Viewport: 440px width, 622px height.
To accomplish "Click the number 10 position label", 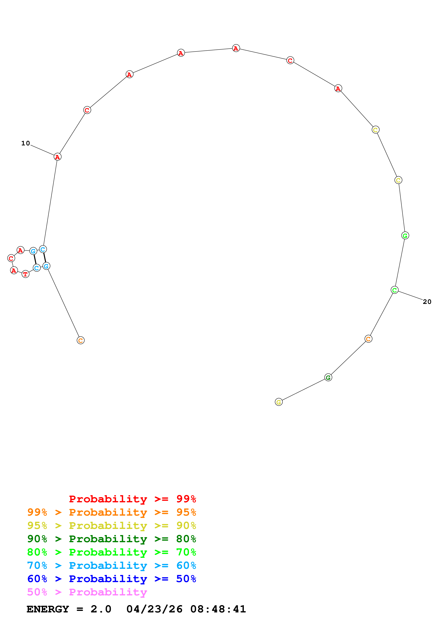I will click(x=26, y=143).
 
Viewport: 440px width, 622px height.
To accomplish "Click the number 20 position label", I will click(x=427, y=302).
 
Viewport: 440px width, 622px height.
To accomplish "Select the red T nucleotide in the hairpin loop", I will click(x=26, y=274).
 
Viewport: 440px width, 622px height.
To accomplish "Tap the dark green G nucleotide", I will click(x=328, y=377).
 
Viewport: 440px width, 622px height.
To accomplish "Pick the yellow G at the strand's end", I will click(x=279, y=402).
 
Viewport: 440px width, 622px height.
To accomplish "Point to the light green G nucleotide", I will click(x=405, y=235).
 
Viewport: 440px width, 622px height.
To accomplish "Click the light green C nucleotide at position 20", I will click(x=395, y=290).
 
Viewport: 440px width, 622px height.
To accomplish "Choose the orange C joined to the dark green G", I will click(x=368, y=339).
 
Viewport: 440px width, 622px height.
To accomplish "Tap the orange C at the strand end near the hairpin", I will click(x=81, y=340).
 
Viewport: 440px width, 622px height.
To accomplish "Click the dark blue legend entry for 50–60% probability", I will click(x=111, y=579).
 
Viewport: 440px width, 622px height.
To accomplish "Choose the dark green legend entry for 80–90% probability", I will click(x=111, y=539).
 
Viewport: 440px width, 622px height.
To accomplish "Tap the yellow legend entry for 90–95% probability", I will click(x=111, y=526).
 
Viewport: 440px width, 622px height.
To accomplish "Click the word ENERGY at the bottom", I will click(x=48, y=609).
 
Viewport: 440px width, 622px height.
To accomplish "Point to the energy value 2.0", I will click(x=101, y=609).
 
